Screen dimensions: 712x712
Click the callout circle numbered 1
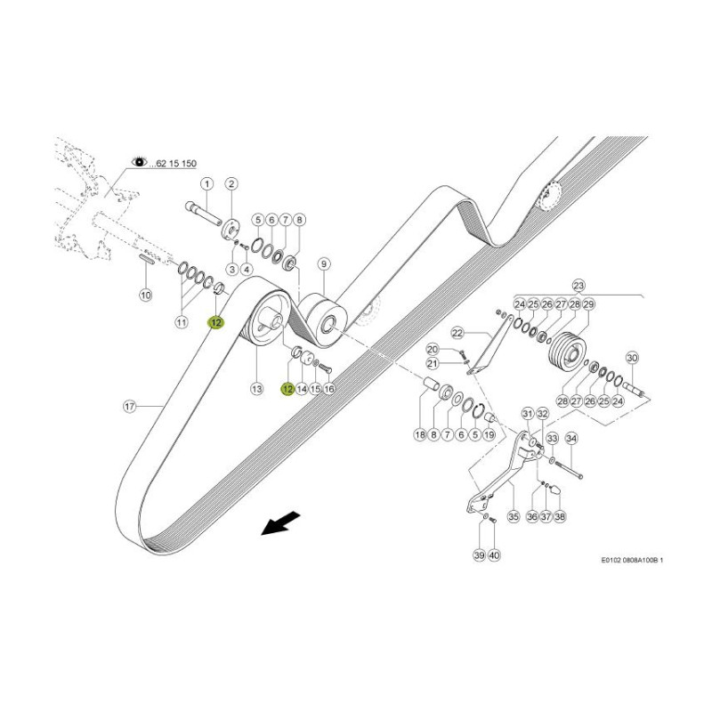(x=206, y=184)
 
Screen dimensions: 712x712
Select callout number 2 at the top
(x=231, y=184)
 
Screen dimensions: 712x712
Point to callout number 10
(x=146, y=295)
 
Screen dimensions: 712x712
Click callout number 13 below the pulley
(x=256, y=389)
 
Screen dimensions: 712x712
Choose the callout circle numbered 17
(x=129, y=407)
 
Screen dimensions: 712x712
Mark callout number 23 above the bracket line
(x=580, y=286)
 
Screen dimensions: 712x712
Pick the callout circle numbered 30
(x=633, y=359)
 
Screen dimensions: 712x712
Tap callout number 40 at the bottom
(x=495, y=555)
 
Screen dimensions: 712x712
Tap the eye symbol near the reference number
(x=140, y=161)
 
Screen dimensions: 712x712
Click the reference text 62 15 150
(x=175, y=163)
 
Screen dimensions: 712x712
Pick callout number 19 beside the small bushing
(x=489, y=435)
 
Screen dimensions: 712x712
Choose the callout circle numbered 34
(x=571, y=438)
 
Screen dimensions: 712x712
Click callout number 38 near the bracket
(x=560, y=516)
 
